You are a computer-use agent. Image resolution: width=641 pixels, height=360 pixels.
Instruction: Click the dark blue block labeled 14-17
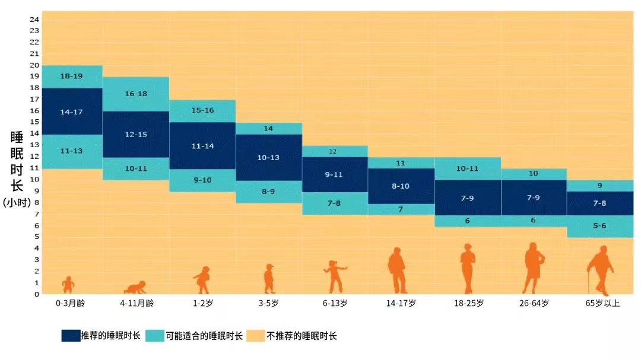[72, 111]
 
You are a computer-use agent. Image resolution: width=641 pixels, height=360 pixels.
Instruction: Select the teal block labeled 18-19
[72, 77]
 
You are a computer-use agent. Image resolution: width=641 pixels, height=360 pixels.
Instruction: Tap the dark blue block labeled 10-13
[269, 157]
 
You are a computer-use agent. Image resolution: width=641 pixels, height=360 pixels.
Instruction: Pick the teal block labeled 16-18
[136, 94]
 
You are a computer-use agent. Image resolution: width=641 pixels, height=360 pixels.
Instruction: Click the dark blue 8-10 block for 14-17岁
[401, 186]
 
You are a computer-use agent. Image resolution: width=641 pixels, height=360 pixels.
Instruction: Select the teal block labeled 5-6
[599, 226]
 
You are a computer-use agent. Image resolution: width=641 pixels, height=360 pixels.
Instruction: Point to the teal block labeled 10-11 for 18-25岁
[467, 168]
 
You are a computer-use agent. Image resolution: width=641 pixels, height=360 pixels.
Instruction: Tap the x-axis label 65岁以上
[602, 303]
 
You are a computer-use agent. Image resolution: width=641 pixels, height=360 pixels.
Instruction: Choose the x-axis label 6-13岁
[335, 303]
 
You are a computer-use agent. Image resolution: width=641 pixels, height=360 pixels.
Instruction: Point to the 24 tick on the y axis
[34, 20]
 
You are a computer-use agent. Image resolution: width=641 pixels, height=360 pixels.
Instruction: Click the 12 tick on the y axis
[34, 157]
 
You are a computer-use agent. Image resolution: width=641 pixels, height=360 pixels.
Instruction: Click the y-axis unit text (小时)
[17, 202]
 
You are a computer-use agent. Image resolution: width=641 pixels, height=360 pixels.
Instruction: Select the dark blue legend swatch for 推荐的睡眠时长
[71, 336]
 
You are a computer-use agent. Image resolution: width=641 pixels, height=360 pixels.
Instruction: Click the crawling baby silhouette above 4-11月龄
[135, 288]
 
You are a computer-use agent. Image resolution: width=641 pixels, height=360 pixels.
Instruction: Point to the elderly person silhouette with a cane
[601, 270]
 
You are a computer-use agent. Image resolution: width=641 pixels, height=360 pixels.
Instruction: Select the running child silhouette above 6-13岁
[335, 276]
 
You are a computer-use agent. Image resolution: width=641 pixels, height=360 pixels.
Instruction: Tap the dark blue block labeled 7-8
[599, 203]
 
